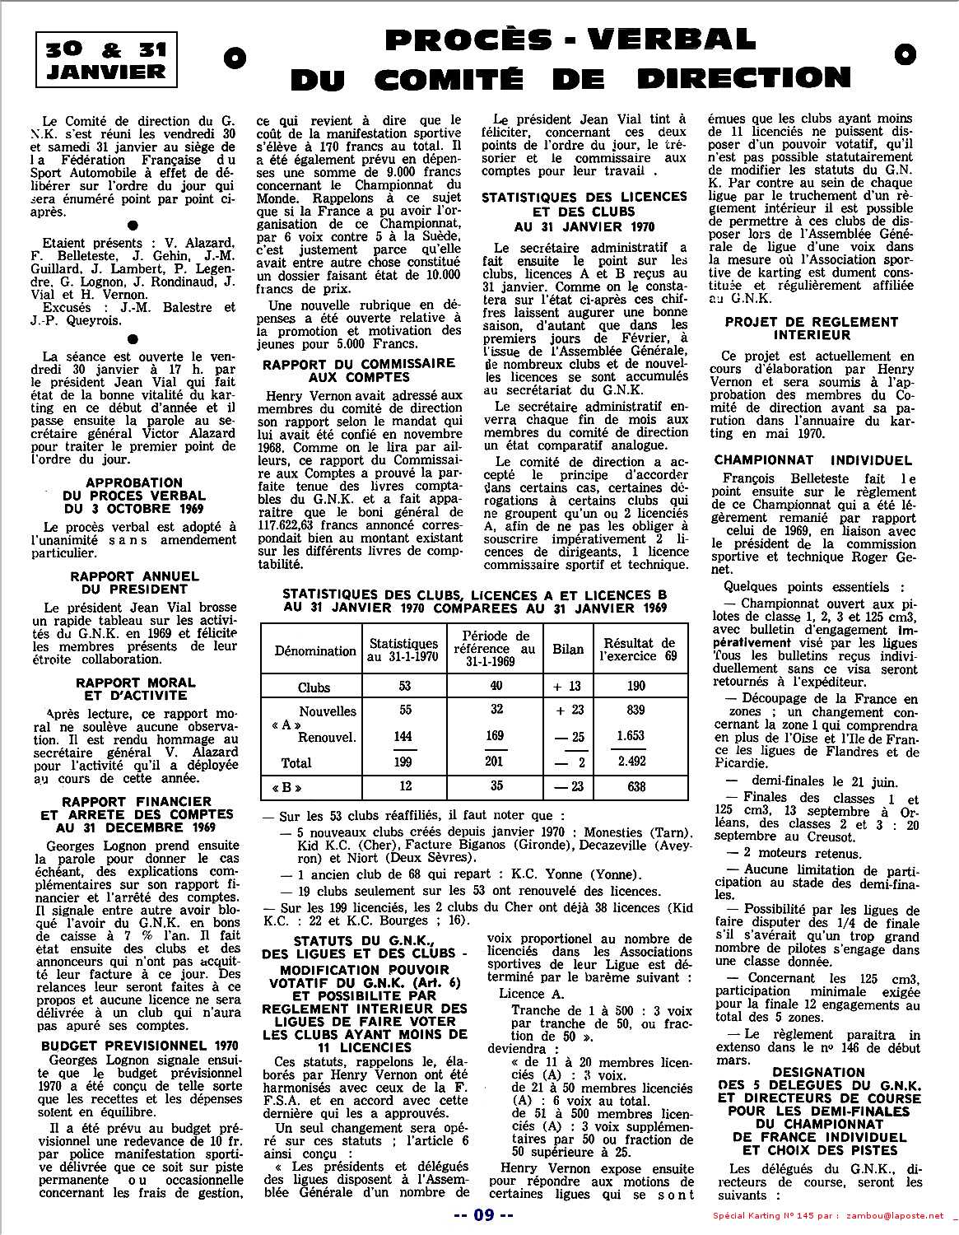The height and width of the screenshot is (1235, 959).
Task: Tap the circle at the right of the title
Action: click(904, 54)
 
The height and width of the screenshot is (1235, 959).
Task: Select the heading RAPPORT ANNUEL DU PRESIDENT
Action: click(133, 583)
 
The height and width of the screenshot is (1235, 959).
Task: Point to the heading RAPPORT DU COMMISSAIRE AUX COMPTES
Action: click(358, 370)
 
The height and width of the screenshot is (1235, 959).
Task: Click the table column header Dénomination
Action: click(315, 650)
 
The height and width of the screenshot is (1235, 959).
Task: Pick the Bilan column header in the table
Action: click(568, 650)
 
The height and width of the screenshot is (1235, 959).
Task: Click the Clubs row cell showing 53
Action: click(404, 687)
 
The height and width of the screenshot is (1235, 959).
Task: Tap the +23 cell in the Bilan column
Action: click(570, 711)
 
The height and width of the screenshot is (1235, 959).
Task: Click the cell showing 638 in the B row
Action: click(636, 786)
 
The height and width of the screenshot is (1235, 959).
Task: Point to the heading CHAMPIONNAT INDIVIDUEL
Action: click(813, 460)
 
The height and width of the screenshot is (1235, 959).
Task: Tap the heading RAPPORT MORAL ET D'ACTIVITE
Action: click(136, 689)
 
